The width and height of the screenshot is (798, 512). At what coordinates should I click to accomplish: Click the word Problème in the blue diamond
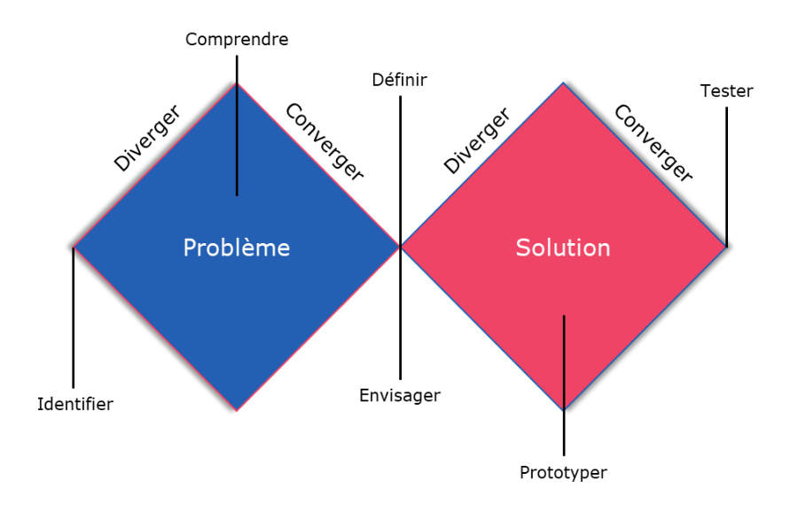pos(237,248)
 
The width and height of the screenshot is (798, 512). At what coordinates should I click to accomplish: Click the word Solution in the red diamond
pos(563,248)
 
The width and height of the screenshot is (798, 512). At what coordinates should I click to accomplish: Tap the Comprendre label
pos(237,39)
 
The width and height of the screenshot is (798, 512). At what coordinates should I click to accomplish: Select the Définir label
pos(400,80)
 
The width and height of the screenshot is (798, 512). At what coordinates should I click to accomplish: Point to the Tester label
pos(726,91)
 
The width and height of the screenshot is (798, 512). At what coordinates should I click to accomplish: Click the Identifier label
pos(75,405)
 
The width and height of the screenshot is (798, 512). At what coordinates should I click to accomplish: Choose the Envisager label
pos(400,395)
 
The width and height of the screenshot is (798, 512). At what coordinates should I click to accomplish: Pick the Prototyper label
pos(563,472)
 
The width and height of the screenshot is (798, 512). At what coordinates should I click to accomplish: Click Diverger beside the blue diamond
pos(147,138)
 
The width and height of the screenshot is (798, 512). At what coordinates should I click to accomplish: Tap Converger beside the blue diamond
pos(325,142)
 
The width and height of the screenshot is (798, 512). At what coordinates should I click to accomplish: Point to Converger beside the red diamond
pos(653,143)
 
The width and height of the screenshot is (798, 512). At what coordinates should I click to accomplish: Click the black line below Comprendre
pos(237,124)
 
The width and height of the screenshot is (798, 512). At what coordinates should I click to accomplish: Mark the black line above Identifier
pos(74,319)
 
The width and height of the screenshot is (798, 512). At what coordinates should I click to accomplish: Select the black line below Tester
pos(726,177)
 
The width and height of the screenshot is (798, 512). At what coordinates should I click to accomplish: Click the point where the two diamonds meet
pos(400,248)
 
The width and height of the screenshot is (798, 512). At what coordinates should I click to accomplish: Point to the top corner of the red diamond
pos(563,84)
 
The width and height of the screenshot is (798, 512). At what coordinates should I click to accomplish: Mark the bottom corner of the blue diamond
pos(237,410)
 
